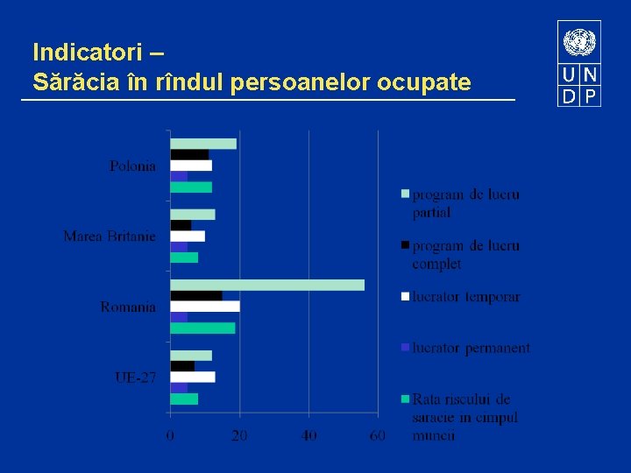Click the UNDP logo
[579, 64]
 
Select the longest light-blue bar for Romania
[267, 285]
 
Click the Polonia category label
[133, 166]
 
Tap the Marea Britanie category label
[110, 236]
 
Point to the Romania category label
[128, 307]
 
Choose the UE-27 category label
[136, 378]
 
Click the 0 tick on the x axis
[171, 435]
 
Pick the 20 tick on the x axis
[239, 435]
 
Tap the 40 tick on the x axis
[308, 435]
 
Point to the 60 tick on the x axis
[378, 435]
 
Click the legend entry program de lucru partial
[464, 203]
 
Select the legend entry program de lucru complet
[464, 255]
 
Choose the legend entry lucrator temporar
[465, 297]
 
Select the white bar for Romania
[205, 307]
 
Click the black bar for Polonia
[189, 155]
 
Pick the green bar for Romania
[202, 328]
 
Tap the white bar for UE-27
[193, 377]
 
